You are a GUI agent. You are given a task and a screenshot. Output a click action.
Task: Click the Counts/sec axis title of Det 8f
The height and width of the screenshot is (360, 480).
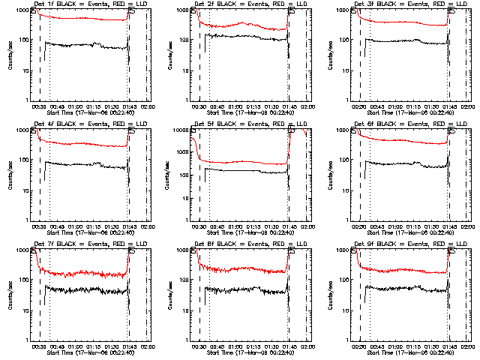click(x=170, y=294)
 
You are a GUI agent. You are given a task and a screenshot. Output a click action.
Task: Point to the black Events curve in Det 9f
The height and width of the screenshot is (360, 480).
click(x=405, y=289)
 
